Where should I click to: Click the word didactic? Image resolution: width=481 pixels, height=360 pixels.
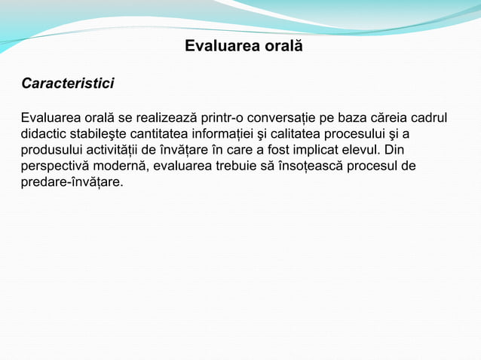pos(44,134)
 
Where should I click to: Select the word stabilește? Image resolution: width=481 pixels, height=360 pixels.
pos(100,134)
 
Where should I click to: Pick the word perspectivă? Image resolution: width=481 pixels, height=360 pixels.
pos(55,166)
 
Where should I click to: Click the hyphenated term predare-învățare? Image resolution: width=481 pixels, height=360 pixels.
pos(72,182)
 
